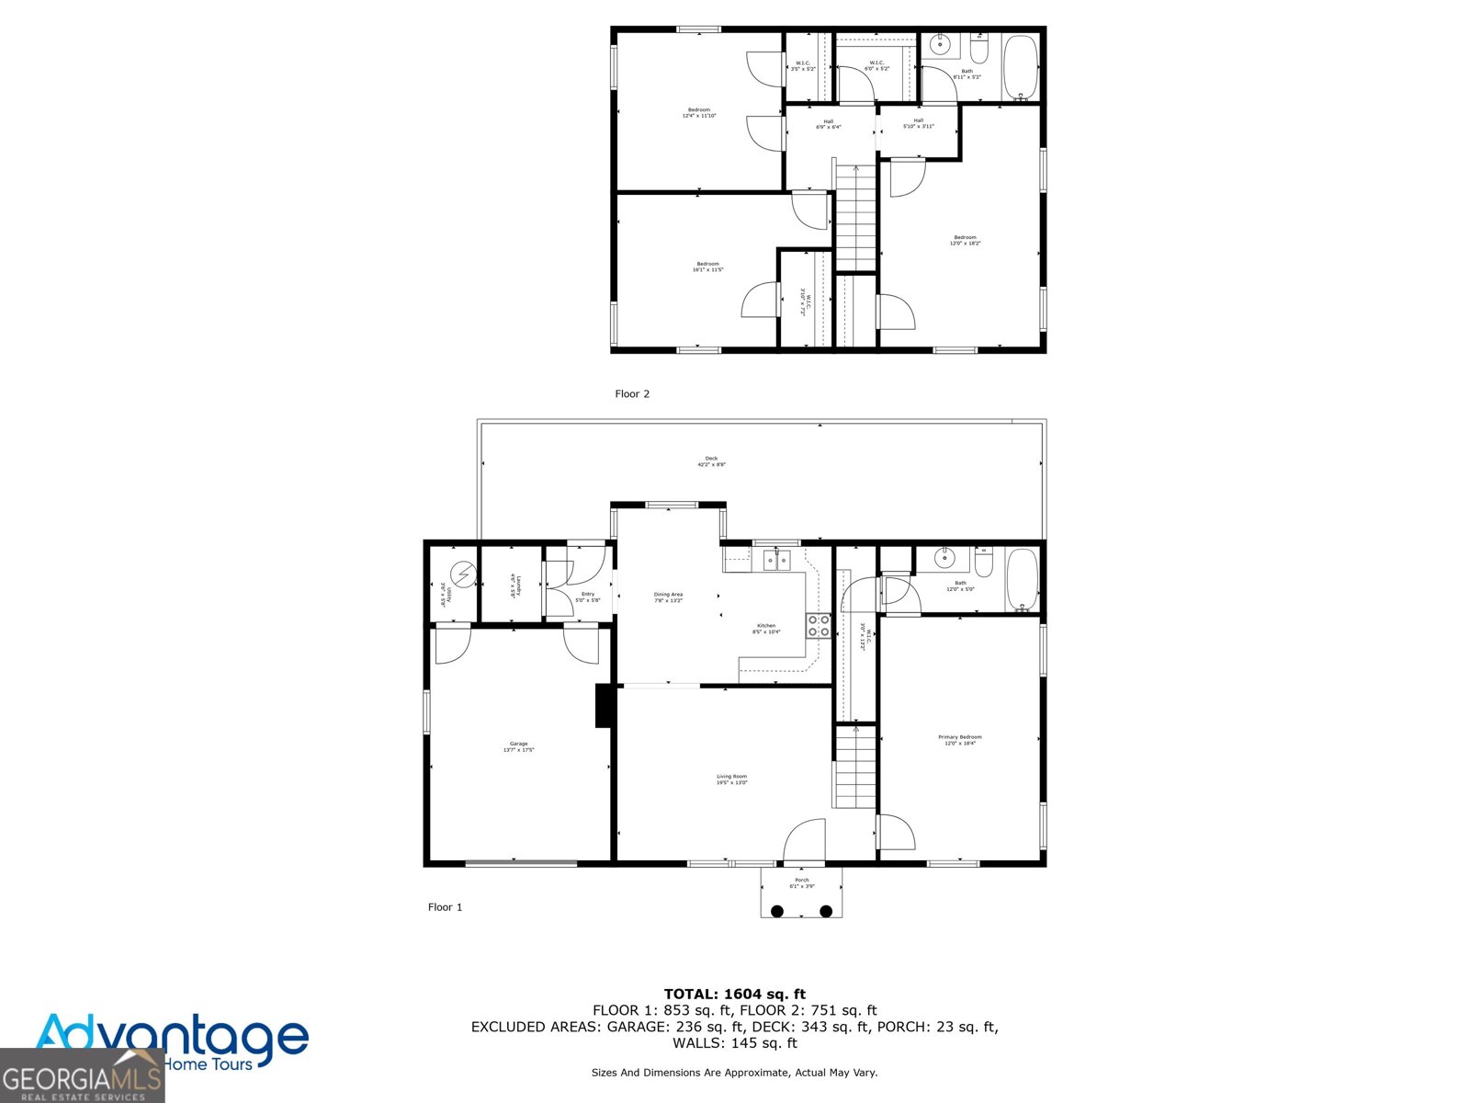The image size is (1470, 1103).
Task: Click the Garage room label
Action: coord(518,746)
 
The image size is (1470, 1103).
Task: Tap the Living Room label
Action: coord(732,779)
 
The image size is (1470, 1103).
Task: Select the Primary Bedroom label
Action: coord(960,740)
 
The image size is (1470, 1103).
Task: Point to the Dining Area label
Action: coord(668,597)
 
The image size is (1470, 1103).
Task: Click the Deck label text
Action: coord(711,461)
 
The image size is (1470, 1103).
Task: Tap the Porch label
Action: coord(801,882)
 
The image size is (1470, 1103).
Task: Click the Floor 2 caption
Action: coord(632,393)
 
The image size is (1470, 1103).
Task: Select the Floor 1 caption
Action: coord(446,907)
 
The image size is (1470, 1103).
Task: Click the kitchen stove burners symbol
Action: coord(819,626)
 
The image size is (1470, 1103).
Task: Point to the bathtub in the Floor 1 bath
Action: coord(1022,580)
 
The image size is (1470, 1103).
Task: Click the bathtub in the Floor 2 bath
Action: coord(1020,65)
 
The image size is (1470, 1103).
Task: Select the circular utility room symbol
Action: coord(465,575)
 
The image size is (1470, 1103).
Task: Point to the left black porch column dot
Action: coord(777,911)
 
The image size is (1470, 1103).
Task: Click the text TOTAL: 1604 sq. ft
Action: coord(734,994)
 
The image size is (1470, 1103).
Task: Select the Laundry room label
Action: coord(514,586)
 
